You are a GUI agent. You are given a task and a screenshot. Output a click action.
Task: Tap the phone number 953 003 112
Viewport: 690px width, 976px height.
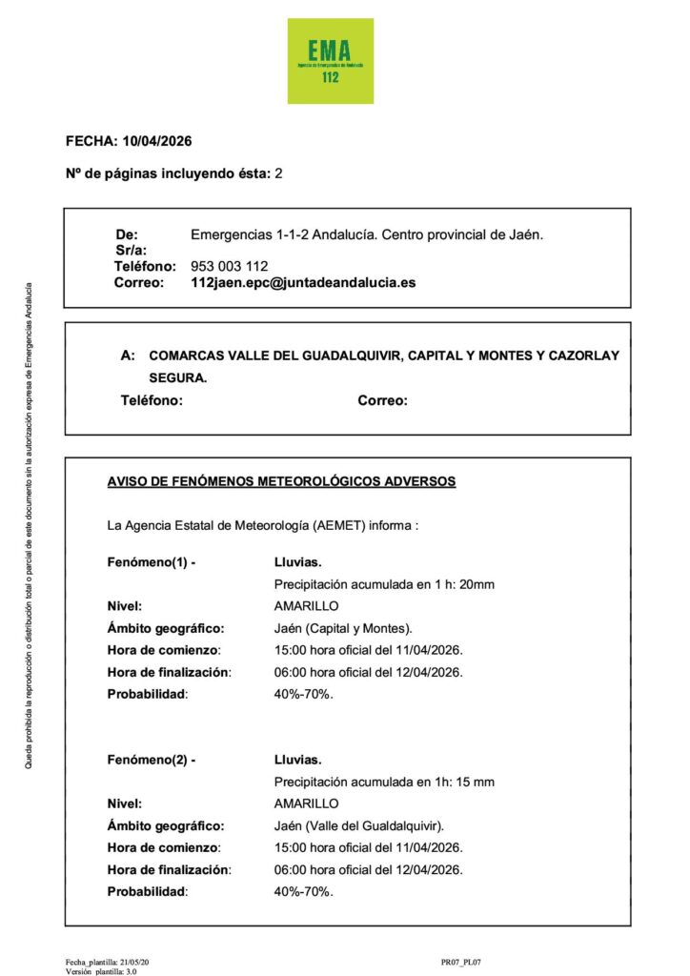[x=230, y=266]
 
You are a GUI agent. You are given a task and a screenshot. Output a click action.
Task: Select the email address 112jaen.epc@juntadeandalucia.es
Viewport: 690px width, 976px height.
[x=303, y=283]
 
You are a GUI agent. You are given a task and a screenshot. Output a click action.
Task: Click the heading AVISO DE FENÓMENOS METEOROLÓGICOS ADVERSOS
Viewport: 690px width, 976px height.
[x=282, y=481]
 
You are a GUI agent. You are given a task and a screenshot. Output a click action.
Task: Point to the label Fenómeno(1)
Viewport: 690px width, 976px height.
[x=152, y=562]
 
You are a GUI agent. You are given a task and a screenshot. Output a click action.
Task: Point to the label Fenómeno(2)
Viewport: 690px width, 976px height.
[x=152, y=760]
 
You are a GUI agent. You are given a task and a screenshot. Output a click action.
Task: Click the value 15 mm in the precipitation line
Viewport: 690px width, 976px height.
[x=475, y=782]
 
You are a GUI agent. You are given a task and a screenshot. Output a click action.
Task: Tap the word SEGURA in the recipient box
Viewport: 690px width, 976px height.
[x=178, y=378]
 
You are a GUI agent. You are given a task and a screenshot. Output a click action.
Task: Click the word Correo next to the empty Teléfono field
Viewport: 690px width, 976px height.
[x=383, y=401]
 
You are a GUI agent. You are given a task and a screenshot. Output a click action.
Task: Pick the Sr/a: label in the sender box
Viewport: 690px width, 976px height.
[x=129, y=250]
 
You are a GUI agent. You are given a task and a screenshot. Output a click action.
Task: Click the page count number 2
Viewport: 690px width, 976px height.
[x=278, y=173]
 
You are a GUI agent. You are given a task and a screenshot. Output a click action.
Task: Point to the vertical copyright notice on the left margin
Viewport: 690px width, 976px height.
[x=29, y=525]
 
